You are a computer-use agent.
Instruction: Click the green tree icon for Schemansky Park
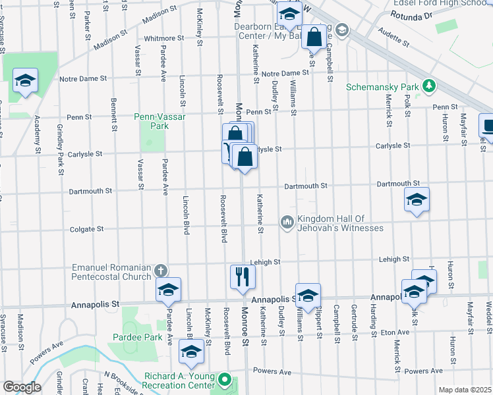tap(430, 86)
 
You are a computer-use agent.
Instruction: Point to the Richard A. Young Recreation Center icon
tap(225, 381)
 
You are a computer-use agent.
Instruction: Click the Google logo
tap(21, 387)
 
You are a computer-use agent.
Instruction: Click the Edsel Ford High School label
tap(448, 3)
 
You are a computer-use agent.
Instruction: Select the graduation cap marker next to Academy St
tap(25, 82)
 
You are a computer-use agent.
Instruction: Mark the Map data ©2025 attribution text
tap(465, 390)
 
